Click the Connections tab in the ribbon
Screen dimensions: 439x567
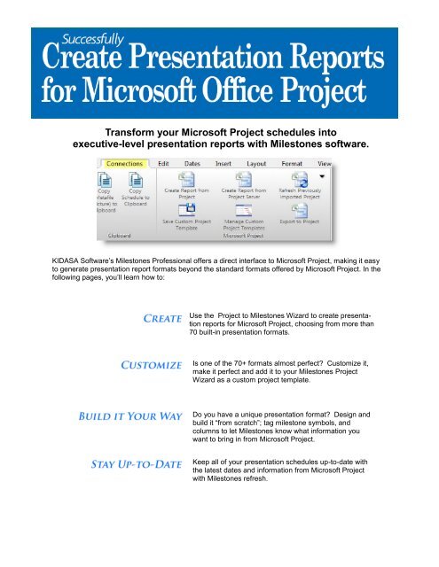[x=125, y=164]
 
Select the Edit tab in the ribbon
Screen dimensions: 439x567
[x=164, y=164]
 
